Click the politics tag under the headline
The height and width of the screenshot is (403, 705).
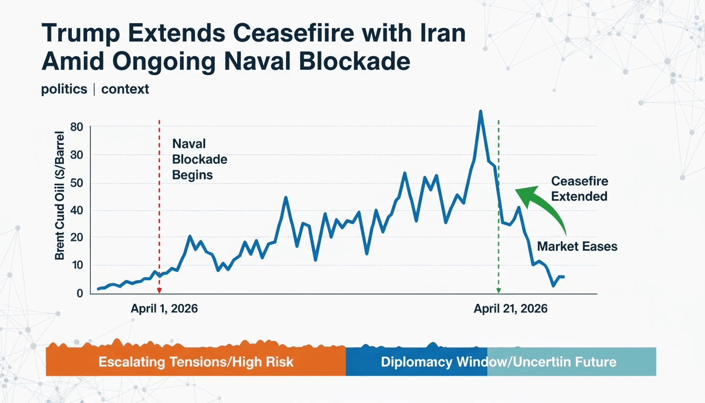click(x=64, y=89)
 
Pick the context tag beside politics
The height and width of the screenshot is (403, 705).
click(x=125, y=89)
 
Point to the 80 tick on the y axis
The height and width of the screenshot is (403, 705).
click(x=77, y=127)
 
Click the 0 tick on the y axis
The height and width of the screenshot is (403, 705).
click(x=79, y=293)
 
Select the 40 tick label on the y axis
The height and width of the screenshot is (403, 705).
click(x=77, y=210)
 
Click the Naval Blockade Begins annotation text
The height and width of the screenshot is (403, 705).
click(x=193, y=159)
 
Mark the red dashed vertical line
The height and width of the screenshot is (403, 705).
click(x=158, y=210)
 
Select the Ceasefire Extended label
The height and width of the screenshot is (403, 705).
click(x=579, y=189)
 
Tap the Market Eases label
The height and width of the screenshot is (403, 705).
click(x=577, y=247)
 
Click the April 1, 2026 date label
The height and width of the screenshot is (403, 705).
click(x=164, y=309)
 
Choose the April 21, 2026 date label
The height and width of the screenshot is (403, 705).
click(x=510, y=309)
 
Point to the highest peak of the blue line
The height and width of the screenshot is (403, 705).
click(x=480, y=112)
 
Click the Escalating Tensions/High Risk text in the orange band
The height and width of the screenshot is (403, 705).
click(x=196, y=362)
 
